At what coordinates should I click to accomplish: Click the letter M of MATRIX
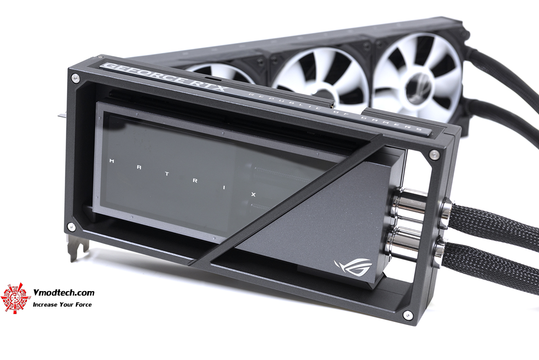point(111,161)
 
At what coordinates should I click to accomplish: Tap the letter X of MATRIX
point(254,195)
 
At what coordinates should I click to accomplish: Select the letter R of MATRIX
point(195,181)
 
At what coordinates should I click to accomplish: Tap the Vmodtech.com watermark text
point(63,293)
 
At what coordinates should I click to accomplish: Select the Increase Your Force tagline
point(62,304)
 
